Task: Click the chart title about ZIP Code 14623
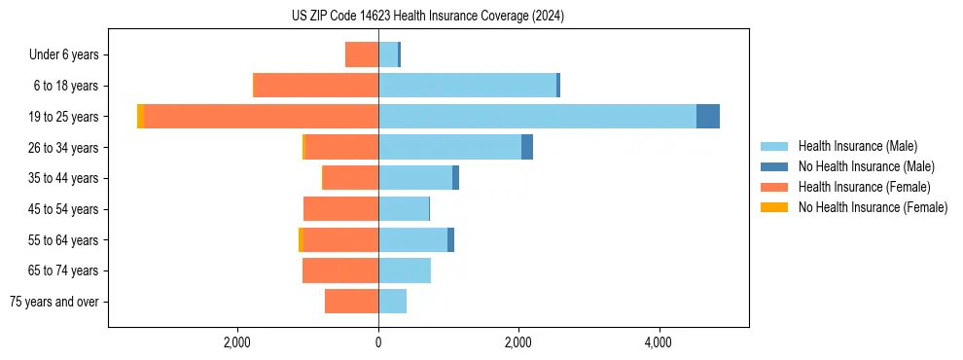click(x=428, y=17)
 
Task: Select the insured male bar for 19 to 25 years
click(x=537, y=117)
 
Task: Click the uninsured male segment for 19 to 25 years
click(x=708, y=117)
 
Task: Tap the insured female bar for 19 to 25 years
click(x=261, y=117)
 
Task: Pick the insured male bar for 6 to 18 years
click(x=467, y=86)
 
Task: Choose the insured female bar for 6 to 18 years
click(x=316, y=86)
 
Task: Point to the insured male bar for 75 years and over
click(x=392, y=302)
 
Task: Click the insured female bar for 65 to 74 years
click(x=340, y=270)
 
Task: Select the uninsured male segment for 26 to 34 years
click(x=527, y=147)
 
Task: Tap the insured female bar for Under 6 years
click(x=362, y=54)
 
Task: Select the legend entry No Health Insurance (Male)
click(x=866, y=167)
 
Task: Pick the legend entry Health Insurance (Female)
click(x=864, y=187)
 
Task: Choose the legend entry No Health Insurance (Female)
click(x=873, y=207)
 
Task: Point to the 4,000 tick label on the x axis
click(x=659, y=342)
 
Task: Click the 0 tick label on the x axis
click(x=378, y=342)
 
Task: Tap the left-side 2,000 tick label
click(x=237, y=342)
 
